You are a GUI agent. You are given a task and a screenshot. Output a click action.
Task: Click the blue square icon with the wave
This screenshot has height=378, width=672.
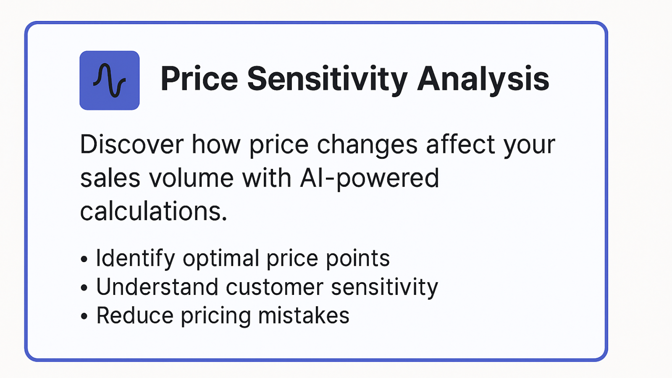[110, 80]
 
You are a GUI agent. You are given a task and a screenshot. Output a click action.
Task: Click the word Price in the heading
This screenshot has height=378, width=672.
[199, 79]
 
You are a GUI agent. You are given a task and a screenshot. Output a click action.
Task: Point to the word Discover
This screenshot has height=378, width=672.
[132, 144]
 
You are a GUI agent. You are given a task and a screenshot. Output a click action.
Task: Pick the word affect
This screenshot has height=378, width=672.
[460, 144]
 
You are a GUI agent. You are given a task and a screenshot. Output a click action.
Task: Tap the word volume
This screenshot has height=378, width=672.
[191, 178]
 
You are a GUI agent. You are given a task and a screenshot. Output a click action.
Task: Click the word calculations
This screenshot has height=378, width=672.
[153, 212]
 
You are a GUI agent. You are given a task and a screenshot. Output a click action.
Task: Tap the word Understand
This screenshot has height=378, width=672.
[157, 287]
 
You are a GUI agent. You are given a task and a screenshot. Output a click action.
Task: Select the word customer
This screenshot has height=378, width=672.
[275, 288]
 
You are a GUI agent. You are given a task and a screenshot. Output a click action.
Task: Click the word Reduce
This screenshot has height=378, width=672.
[135, 315]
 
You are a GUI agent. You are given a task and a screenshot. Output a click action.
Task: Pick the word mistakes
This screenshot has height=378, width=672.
[304, 315]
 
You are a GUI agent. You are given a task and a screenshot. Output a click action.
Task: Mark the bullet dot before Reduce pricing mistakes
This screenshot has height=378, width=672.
[84, 316]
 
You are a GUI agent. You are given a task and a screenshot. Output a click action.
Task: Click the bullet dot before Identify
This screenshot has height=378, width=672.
[84, 259]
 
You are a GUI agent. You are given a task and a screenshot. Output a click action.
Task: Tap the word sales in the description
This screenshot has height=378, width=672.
[110, 178]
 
